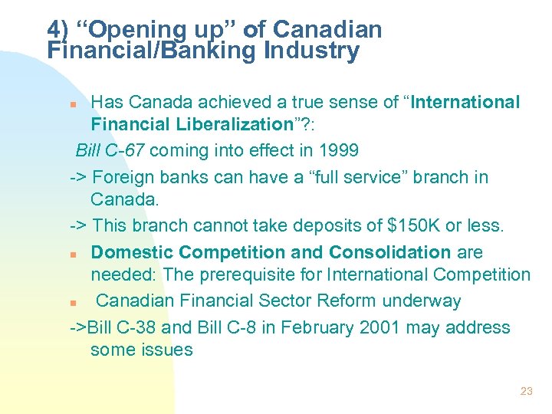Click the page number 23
pyautogui.click(x=526, y=391)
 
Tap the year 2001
pyautogui.click(x=375, y=327)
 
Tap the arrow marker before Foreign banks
pyautogui.click(x=77, y=178)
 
